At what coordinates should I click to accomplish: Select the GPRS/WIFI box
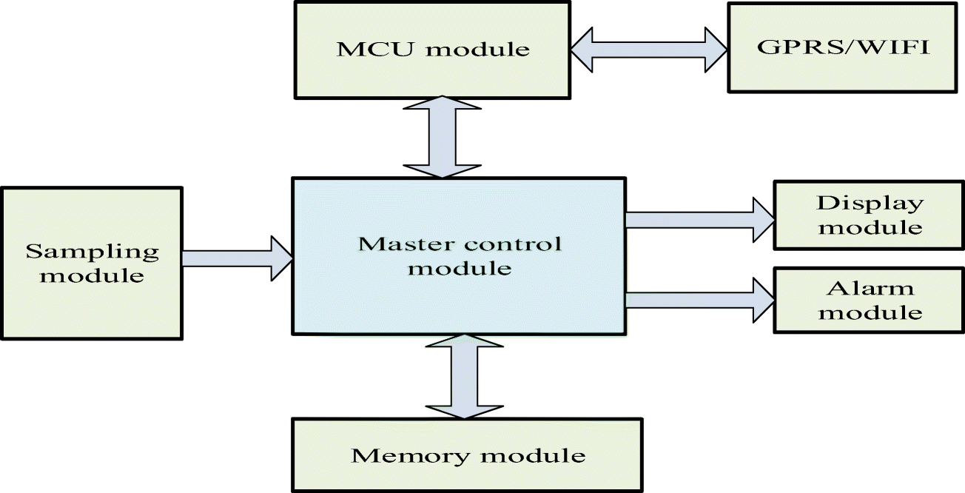click(841, 47)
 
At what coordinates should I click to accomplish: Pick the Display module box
click(870, 215)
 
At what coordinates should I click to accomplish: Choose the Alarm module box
click(870, 299)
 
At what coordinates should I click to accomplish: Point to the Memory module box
click(467, 455)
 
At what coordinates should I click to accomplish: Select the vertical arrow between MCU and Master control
click(442, 137)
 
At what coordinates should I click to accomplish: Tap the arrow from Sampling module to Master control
click(237, 258)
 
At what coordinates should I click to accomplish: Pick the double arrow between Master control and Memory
click(464, 375)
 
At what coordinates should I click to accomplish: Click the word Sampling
click(93, 252)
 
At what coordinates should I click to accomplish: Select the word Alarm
click(870, 287)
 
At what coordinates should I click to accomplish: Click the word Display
click(870, 203)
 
